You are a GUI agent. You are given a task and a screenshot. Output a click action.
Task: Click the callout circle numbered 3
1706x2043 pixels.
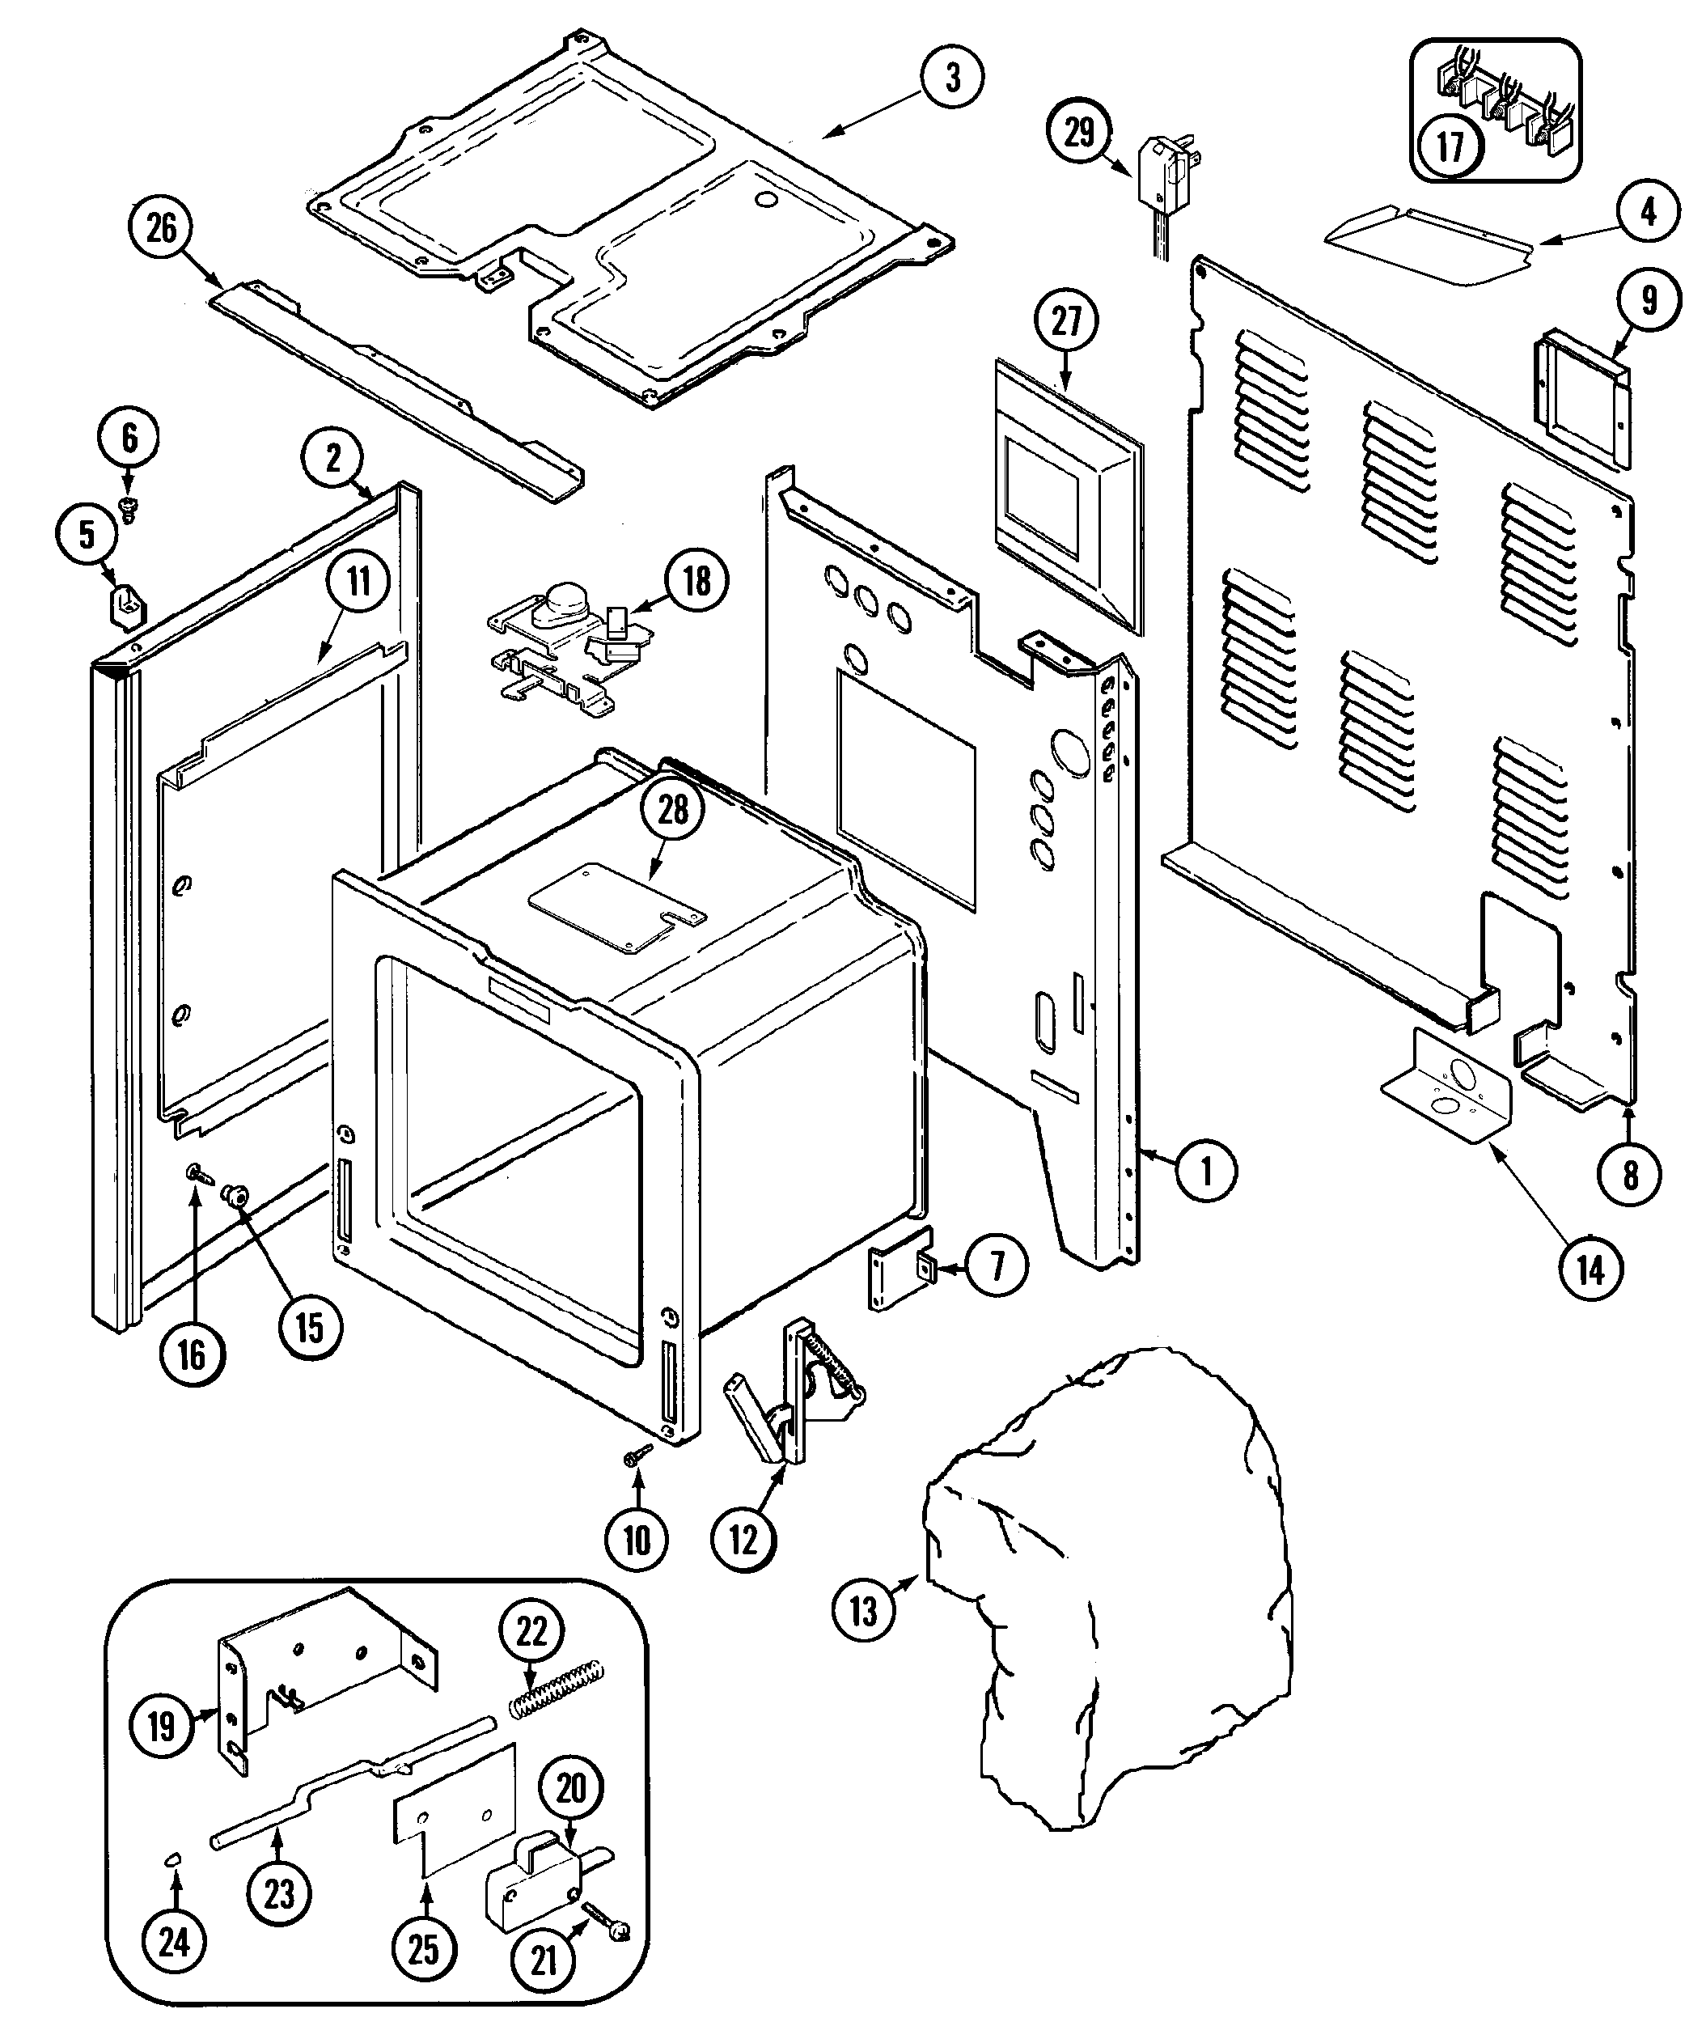coord(952,77)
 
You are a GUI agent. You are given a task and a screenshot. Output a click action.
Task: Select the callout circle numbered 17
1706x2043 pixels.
coord(1450,148)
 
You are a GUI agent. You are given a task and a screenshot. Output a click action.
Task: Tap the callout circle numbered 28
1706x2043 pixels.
coord(673,809)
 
